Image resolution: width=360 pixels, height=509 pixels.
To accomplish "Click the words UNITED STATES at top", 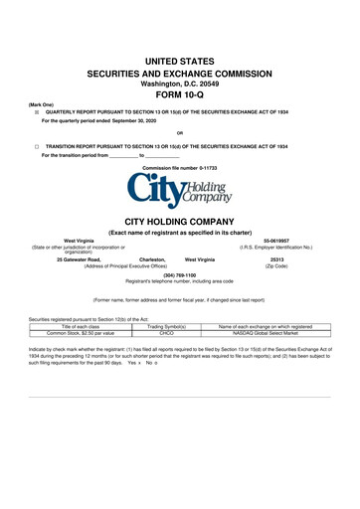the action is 179,62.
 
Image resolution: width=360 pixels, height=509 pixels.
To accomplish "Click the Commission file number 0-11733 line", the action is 179,168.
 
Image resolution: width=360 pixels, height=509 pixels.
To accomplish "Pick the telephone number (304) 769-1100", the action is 179,274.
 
